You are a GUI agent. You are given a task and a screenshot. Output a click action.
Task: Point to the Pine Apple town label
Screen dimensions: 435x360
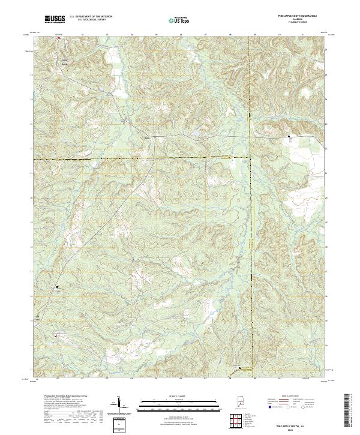tap(64, 62)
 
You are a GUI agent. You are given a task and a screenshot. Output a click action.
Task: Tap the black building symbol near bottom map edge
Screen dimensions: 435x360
tap(241, 368)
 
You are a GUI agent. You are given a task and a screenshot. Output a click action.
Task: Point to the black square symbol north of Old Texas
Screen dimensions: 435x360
tap(58, 287)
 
